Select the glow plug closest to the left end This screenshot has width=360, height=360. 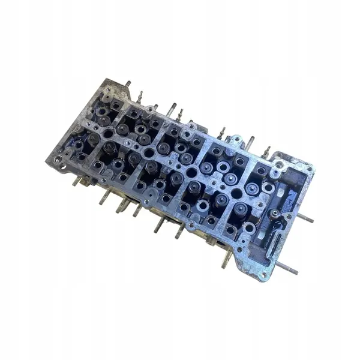pyautogui.click(x=140, y=96)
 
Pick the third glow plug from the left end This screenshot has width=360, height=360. pyautogui.click(x=221, y=132)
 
